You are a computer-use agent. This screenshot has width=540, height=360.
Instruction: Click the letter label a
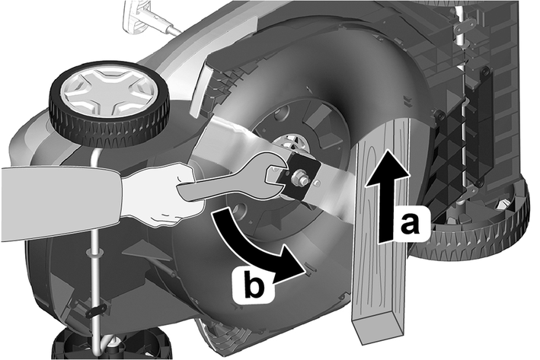coord(411,224)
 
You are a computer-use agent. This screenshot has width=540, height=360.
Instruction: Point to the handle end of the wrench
coord(190,191)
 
